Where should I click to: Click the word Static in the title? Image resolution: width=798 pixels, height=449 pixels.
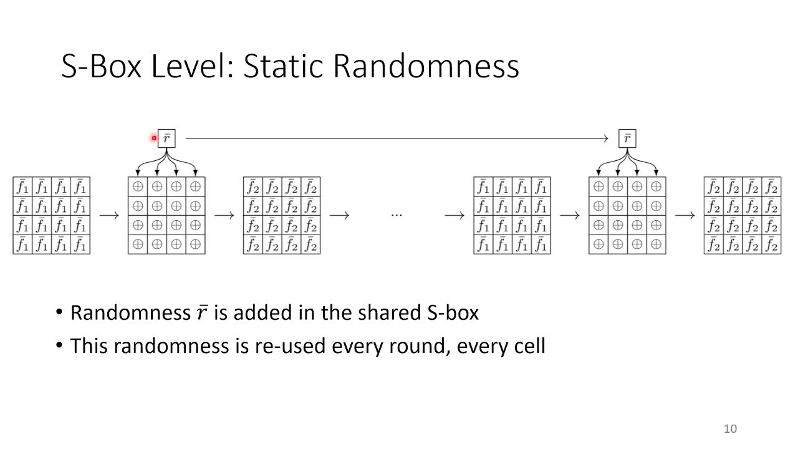[x=283, y=67]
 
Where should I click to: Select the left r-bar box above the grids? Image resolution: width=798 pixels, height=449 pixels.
[x=166, y=138]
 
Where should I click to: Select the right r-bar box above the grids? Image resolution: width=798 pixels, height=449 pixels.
[x=627, y=138]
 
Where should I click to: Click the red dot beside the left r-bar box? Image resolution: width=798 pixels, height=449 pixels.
[x=154, y=138]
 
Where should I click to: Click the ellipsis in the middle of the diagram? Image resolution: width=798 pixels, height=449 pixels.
[x=397, y=215]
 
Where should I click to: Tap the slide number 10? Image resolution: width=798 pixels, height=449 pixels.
[x=730, y=428]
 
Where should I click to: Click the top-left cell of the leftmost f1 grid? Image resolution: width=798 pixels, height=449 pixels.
[x=22, y=186]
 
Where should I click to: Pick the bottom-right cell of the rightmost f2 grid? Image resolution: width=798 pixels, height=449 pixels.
[x=771, y=244]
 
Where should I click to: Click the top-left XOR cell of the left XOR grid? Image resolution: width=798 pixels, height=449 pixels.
[x=138, y=186]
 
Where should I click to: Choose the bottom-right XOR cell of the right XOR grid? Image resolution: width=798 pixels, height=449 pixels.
[x=656, y=244]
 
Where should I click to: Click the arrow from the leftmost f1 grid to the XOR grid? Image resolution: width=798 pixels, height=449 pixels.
[x=108, y=216]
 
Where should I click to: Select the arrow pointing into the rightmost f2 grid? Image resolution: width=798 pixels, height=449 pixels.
[x=685, y=216]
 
